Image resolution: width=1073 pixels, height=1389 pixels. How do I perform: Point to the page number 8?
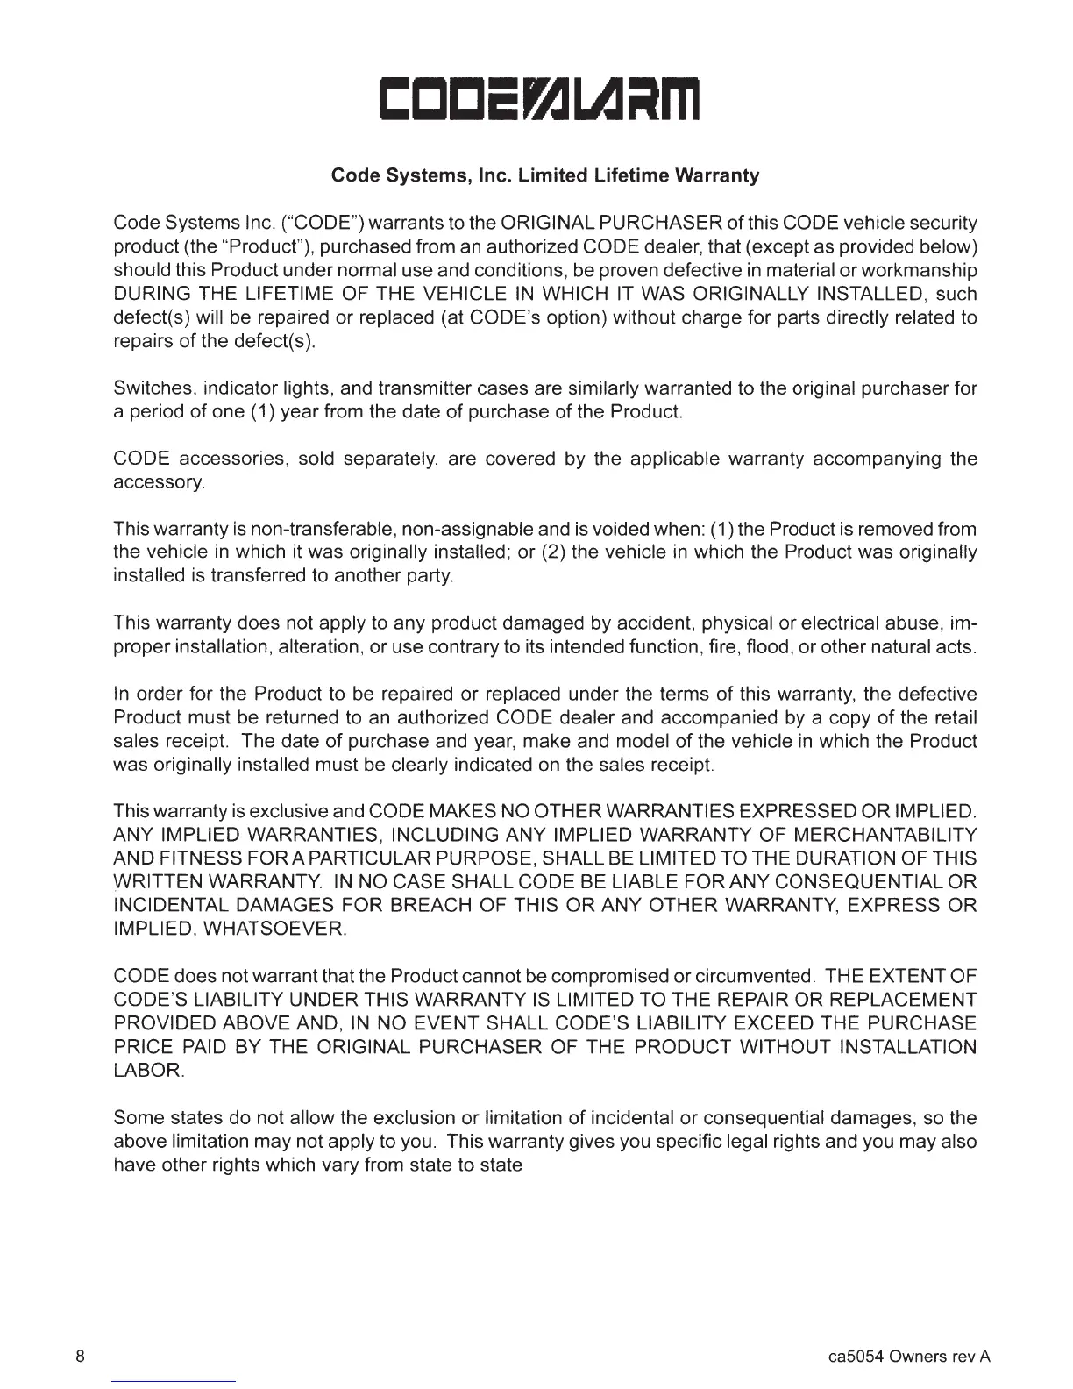pos(80,1357)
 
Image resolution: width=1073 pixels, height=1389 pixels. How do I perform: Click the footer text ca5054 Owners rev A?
pos(909,1357)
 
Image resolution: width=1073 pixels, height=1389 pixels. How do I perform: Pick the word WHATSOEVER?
pos(274,929)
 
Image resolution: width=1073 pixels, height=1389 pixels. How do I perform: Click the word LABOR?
pos(147,1071)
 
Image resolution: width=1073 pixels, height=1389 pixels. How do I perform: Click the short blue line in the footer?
pos(174,1381)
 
